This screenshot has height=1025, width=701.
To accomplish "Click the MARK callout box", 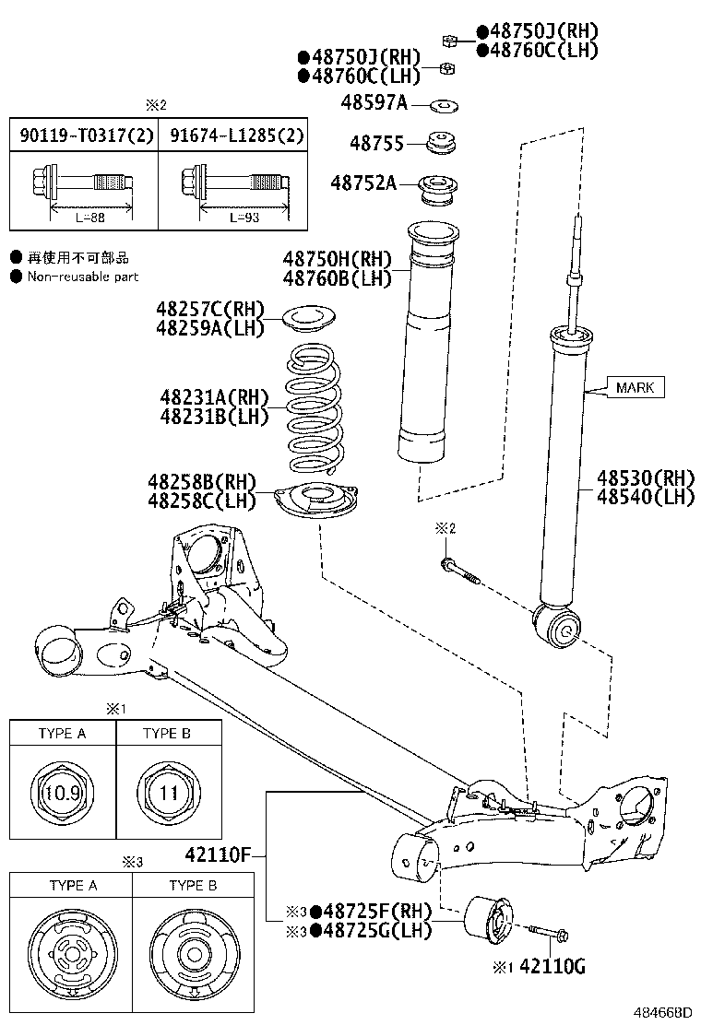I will (636, 387).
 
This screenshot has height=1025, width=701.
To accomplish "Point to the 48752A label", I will (364, 183).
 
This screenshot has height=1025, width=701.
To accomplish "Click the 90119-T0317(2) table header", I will (82, 136).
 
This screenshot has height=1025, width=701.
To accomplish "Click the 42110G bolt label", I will (552, 967).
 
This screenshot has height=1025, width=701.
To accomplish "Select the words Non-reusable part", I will (82, 277).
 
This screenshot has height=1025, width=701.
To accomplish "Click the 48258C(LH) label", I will (201, 501).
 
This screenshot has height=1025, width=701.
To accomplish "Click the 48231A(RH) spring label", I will (212, 397).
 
